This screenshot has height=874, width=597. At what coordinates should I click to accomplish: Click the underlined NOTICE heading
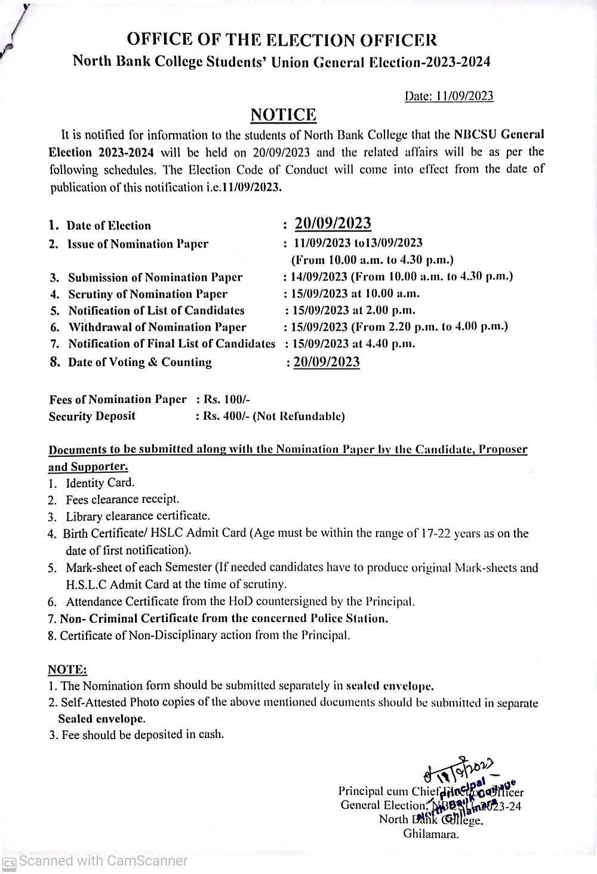[x=283, y=115]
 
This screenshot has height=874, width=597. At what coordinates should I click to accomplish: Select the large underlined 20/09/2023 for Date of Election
[x=333, y=223]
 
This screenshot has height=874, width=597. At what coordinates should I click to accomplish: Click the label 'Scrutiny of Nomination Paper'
[x=147, y=294]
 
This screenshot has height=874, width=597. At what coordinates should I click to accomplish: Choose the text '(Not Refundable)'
[x=299, y=416]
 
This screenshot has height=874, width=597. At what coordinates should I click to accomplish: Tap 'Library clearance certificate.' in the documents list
[x=138, y=516]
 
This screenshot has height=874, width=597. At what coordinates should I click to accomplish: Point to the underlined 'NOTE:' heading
[x=67, y=670]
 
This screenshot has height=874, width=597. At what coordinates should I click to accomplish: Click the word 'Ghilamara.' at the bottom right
[x=431, y=834]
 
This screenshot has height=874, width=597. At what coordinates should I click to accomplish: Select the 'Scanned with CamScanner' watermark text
[x=103, y=861]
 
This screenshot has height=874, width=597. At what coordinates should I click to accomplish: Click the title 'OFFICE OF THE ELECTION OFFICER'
[x=282, y=40]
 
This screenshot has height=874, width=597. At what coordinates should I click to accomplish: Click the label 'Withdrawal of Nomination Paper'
[x=157, y=327]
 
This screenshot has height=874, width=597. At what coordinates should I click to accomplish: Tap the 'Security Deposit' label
[x=92, y=416]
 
